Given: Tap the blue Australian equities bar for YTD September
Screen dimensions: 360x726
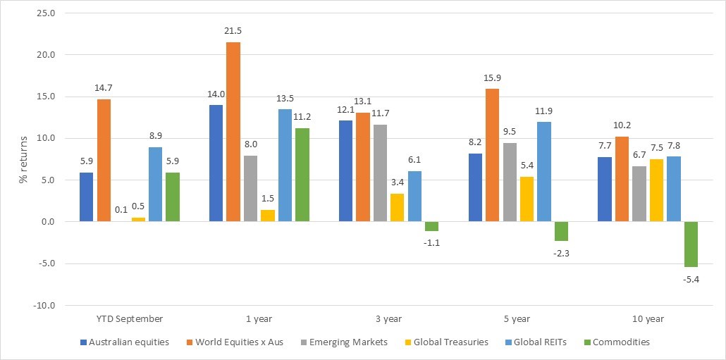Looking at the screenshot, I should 87,197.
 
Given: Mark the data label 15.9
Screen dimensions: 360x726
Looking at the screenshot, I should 492,78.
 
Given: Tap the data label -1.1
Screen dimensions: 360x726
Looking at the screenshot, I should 431,242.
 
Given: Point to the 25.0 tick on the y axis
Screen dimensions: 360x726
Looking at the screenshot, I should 45,13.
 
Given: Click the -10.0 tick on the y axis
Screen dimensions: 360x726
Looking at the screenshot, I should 44,306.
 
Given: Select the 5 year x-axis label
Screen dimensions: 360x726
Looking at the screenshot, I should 517,319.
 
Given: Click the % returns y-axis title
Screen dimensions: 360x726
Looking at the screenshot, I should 23,159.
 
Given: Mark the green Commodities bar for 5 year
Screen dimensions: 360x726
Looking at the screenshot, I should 561,232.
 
